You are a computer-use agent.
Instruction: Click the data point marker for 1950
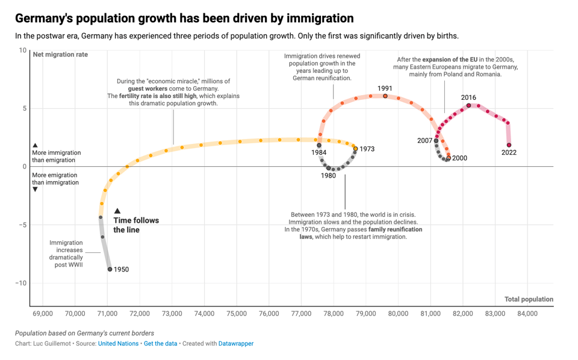click(x=110, y=269)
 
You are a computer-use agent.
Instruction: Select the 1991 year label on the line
click(x=385, y=88)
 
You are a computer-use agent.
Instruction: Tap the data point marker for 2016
click(x=469, y=105)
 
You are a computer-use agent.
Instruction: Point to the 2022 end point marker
click(x=509, y=145)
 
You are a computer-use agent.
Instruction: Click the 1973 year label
click(x=367, y=149)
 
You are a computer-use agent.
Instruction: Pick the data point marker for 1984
click(x=319, y=146)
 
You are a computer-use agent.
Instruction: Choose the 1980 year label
click(x=328, y=176)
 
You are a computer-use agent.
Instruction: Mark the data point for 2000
click(x=448, y=159)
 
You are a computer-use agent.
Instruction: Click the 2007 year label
click(x=424, y=140)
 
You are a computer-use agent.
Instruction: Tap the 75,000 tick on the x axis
click(x=237, y=314)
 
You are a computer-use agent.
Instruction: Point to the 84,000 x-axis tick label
click(x=527, y=314)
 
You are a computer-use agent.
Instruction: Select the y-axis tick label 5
click(x=24, y=108)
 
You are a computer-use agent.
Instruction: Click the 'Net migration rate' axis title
click(x=60, y=55)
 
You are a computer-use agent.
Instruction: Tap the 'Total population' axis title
click(x=529, y=299)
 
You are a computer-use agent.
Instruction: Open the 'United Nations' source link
click(x=118, y=344)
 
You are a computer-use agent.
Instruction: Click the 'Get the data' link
click(x=160, y=344)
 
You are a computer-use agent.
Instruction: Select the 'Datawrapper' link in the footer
click(x=235, y=344)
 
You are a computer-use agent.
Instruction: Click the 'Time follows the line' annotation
click(x=136, y=225)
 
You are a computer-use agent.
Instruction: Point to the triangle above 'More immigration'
click(x=36, y=145)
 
